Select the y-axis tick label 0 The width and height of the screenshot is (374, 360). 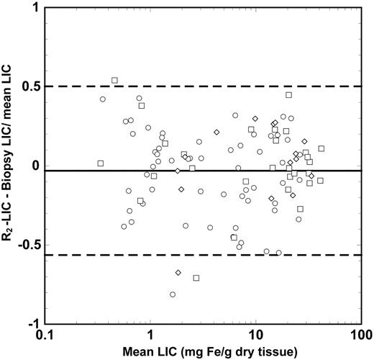pos(34,166)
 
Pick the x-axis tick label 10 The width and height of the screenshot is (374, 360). pos(255,336)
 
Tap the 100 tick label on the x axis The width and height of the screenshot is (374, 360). pos(360,336)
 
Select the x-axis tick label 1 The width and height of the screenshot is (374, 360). pos(150,336)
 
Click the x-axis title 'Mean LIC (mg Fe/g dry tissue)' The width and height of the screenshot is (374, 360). pos(202,352)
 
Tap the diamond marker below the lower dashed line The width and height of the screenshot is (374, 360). pos(178,272)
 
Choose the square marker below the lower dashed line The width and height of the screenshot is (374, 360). pos(196,278)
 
